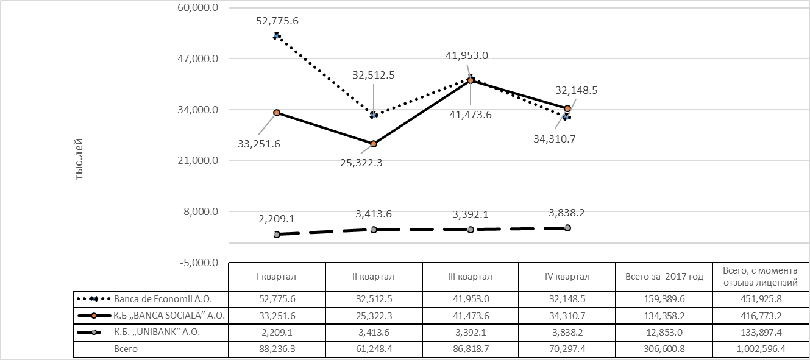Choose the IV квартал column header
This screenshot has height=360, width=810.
click(567, 277)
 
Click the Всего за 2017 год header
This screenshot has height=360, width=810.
click(664, 277)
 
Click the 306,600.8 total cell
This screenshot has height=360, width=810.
click(664, 349)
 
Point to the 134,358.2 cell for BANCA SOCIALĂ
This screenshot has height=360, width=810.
click(664, 316)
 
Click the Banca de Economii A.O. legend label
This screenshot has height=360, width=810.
click(162, 299)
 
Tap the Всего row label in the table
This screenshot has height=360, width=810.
click(126, 349)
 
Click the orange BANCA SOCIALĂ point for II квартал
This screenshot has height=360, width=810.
click(374, 144)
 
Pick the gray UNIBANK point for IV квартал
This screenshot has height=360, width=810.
click(567, 228)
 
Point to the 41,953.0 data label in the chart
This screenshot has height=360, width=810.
click(467, 55)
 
